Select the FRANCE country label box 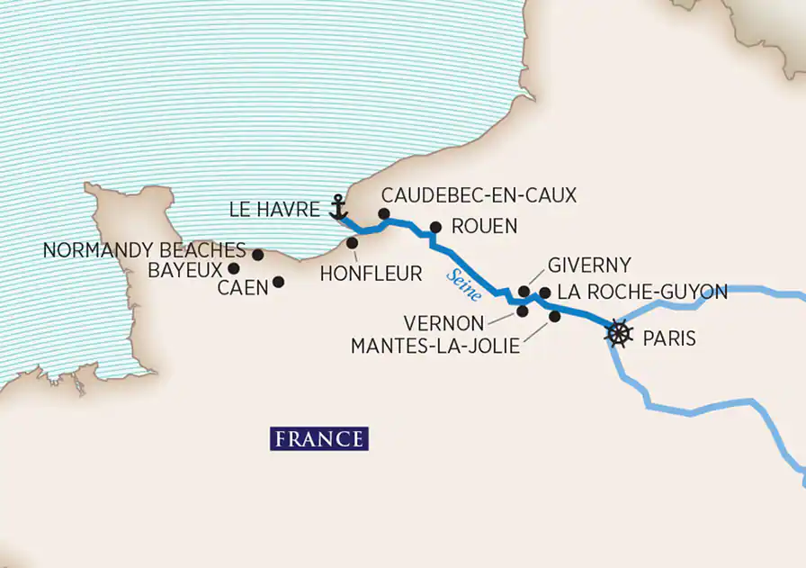[319, 439]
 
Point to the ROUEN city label [484, 227]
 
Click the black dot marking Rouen [435, 228]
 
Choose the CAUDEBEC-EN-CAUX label [479, 194]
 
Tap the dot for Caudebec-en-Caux [383, 214]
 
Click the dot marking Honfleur [350, 242]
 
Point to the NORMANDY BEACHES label [144, 250]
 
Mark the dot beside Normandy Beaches [257, 255]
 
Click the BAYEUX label [185, 268]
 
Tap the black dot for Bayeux [233, 268]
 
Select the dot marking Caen [278, 282]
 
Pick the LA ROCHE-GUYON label [642, 292]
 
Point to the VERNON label [444, 322]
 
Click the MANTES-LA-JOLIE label [434, 345]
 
